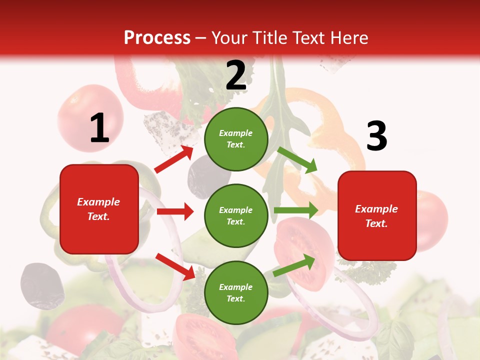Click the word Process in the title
click(157, 37)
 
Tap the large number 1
click(99, 128)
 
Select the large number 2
click(236, 75)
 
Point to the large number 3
click(376, 136)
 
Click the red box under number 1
click(99, 209)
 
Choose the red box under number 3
click(377, 215)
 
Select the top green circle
click(236, 139)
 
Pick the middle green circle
click(236, 215)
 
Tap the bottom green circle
click(236, 292)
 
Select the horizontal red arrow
click(175, 211)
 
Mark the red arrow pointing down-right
click(175, 266)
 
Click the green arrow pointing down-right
click(298, 160)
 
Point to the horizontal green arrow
click(296, 210)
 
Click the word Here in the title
click(347, 37)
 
